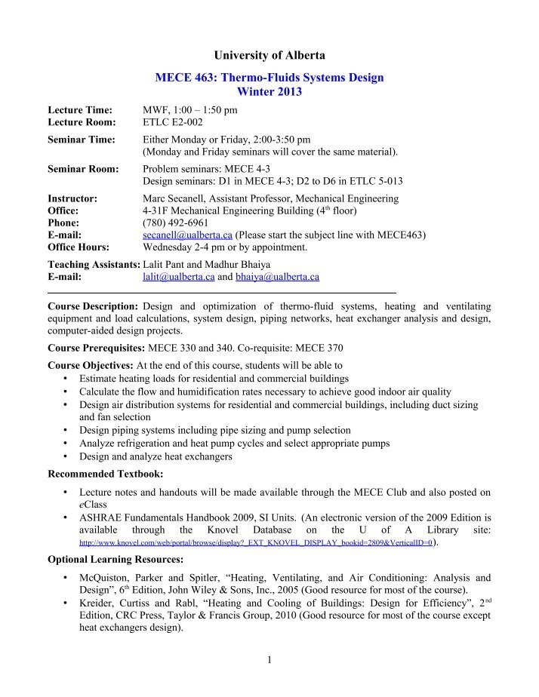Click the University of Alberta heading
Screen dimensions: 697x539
coord(269,55)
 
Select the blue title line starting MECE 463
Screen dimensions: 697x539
coord(269,78)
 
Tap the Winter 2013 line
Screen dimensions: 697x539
coord(269,92)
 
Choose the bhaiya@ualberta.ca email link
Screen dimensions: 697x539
coord(276,277)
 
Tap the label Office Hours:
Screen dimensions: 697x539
coord(79,247)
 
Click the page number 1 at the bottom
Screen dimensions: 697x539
coord(269,661)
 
